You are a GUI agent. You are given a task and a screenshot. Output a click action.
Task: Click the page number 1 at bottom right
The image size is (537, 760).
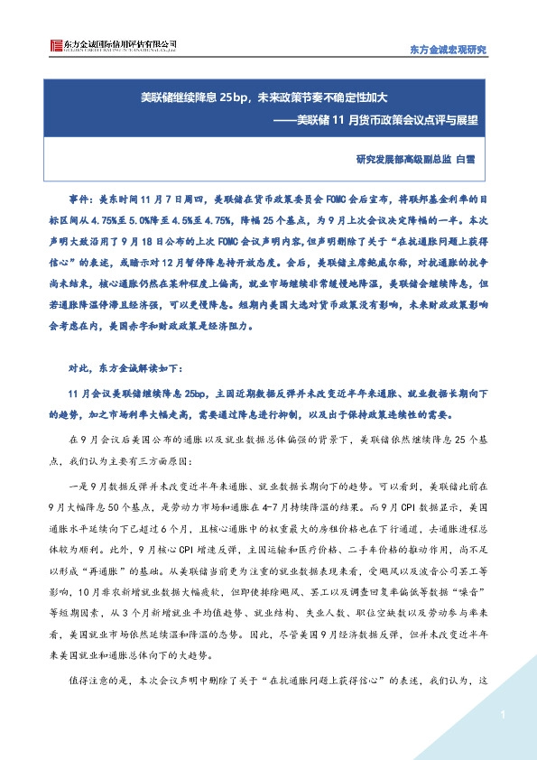500,715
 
